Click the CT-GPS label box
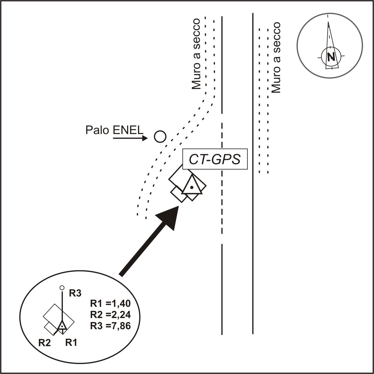215,159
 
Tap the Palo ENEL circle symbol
160,137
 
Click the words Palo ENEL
114,130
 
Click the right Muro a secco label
276,57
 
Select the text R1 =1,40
110,303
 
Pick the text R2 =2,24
110,315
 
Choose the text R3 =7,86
110,326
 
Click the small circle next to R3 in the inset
62,288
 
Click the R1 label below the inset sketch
71,342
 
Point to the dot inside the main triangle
192,187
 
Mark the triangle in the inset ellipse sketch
62,326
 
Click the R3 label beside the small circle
75,293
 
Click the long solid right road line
253,172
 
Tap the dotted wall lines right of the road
263,100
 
